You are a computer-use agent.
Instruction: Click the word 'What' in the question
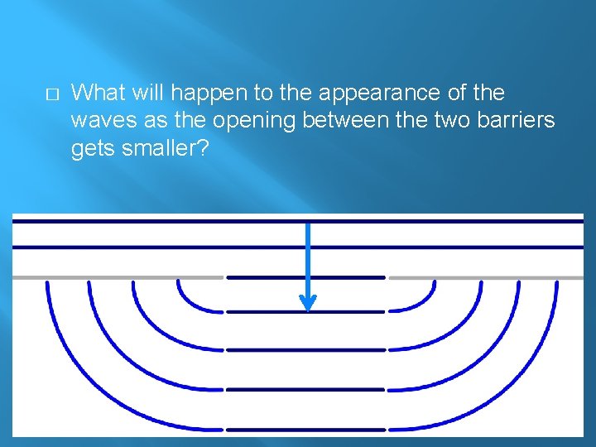[101, 93]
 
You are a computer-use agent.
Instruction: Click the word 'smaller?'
[161, 149]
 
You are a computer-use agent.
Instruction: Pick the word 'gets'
[92, 149]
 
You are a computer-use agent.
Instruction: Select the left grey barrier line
[116, 277]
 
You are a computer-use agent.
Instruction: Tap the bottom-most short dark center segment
[305, 428]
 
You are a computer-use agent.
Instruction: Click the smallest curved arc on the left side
[184, 298]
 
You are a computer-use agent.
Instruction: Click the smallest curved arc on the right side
[428, 298]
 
